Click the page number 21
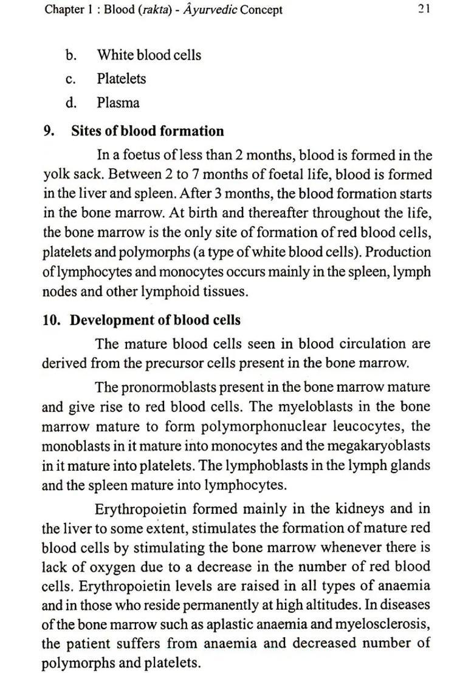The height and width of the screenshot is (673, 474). (x=424, y=10)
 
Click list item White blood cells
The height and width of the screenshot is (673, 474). (x=149, y=55)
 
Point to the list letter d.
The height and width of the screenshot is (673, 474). (x=71, y=103)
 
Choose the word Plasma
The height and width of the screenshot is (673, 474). (x=118, y=103)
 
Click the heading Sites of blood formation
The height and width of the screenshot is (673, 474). (x=147, y=131)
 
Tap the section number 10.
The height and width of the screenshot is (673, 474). (x=51, y=320)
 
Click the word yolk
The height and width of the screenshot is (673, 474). (x=56, y=175)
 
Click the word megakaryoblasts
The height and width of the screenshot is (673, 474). (x=379, y=445)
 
